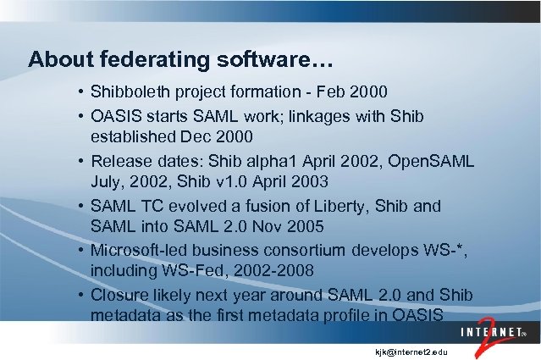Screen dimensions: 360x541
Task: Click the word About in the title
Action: pyautogui.click(x=58, y=60)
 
